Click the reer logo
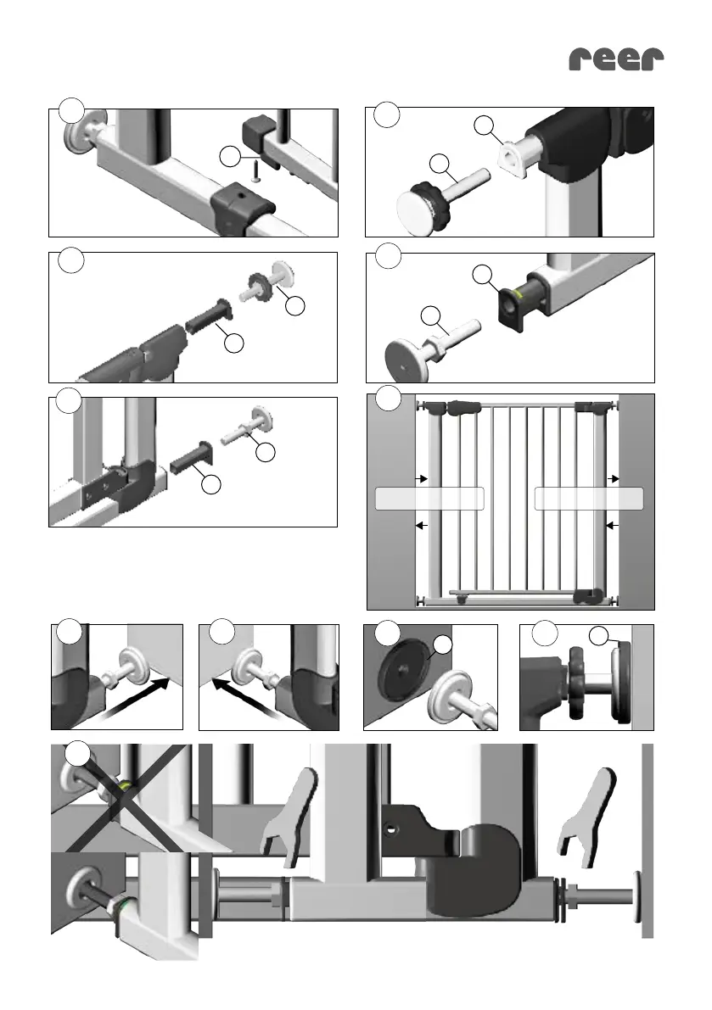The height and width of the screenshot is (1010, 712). pyautogui.click(x=616, y=59)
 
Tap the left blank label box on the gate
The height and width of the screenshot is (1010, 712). pyautogui.click(x=429, y=499)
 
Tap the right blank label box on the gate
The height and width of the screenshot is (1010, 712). pyautogui.click(x=590, y=499)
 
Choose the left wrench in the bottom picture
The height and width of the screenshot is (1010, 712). pyautogui.click(x=289, y=809)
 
